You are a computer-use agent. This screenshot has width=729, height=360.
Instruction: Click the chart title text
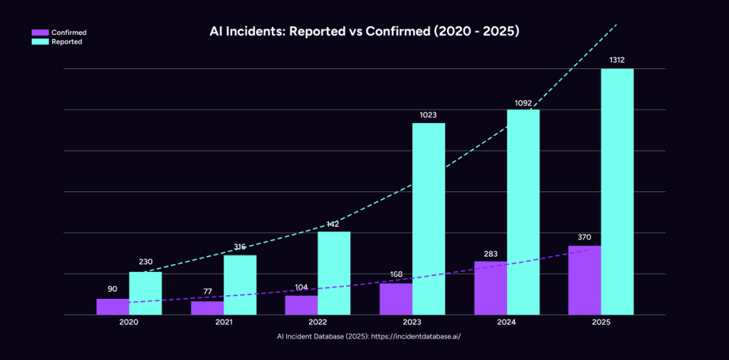point(364,32)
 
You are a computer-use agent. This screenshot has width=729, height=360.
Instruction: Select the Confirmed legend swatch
point(40,32)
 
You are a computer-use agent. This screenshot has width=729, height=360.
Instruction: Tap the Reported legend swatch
point(40,41)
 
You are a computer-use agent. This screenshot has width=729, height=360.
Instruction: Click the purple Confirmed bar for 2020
point(112,307)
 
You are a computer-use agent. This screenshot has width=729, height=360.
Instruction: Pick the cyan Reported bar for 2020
point(145,293)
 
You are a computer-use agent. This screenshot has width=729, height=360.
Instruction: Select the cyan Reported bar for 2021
point(240,285)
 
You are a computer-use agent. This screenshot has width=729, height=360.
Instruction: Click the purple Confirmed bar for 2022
point(301,305)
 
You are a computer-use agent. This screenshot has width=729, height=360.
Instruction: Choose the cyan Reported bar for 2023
point(429,218)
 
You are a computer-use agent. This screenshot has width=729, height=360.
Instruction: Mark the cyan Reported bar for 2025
point(617,191)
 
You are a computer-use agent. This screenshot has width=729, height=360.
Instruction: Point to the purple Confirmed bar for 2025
point(584,280)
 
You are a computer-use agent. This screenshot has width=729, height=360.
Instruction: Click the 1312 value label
point(617,60)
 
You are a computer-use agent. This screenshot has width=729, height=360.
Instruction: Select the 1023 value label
point(428,115)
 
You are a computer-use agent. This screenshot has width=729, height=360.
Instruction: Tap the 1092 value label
point(523,103)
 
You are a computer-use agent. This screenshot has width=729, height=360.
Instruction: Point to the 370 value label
point(584,237)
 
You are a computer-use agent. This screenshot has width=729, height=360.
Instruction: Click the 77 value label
point(206,292)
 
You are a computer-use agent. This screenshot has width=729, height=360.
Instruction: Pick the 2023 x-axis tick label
point(412,322)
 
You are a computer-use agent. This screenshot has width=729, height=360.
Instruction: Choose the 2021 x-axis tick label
point(224,322)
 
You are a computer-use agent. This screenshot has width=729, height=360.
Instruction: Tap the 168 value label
point(396,274)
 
